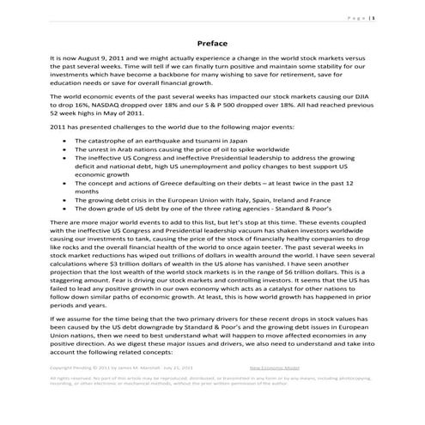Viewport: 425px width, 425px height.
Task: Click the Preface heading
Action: pyautogui.click(x=212, y=42)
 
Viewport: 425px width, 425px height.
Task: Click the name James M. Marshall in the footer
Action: pyautogui.click(x=137, y=392)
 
